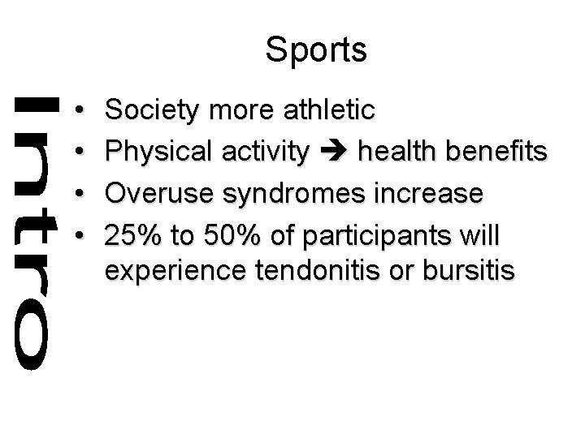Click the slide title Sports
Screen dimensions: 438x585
point(316,50)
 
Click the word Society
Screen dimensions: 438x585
point(154,110)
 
